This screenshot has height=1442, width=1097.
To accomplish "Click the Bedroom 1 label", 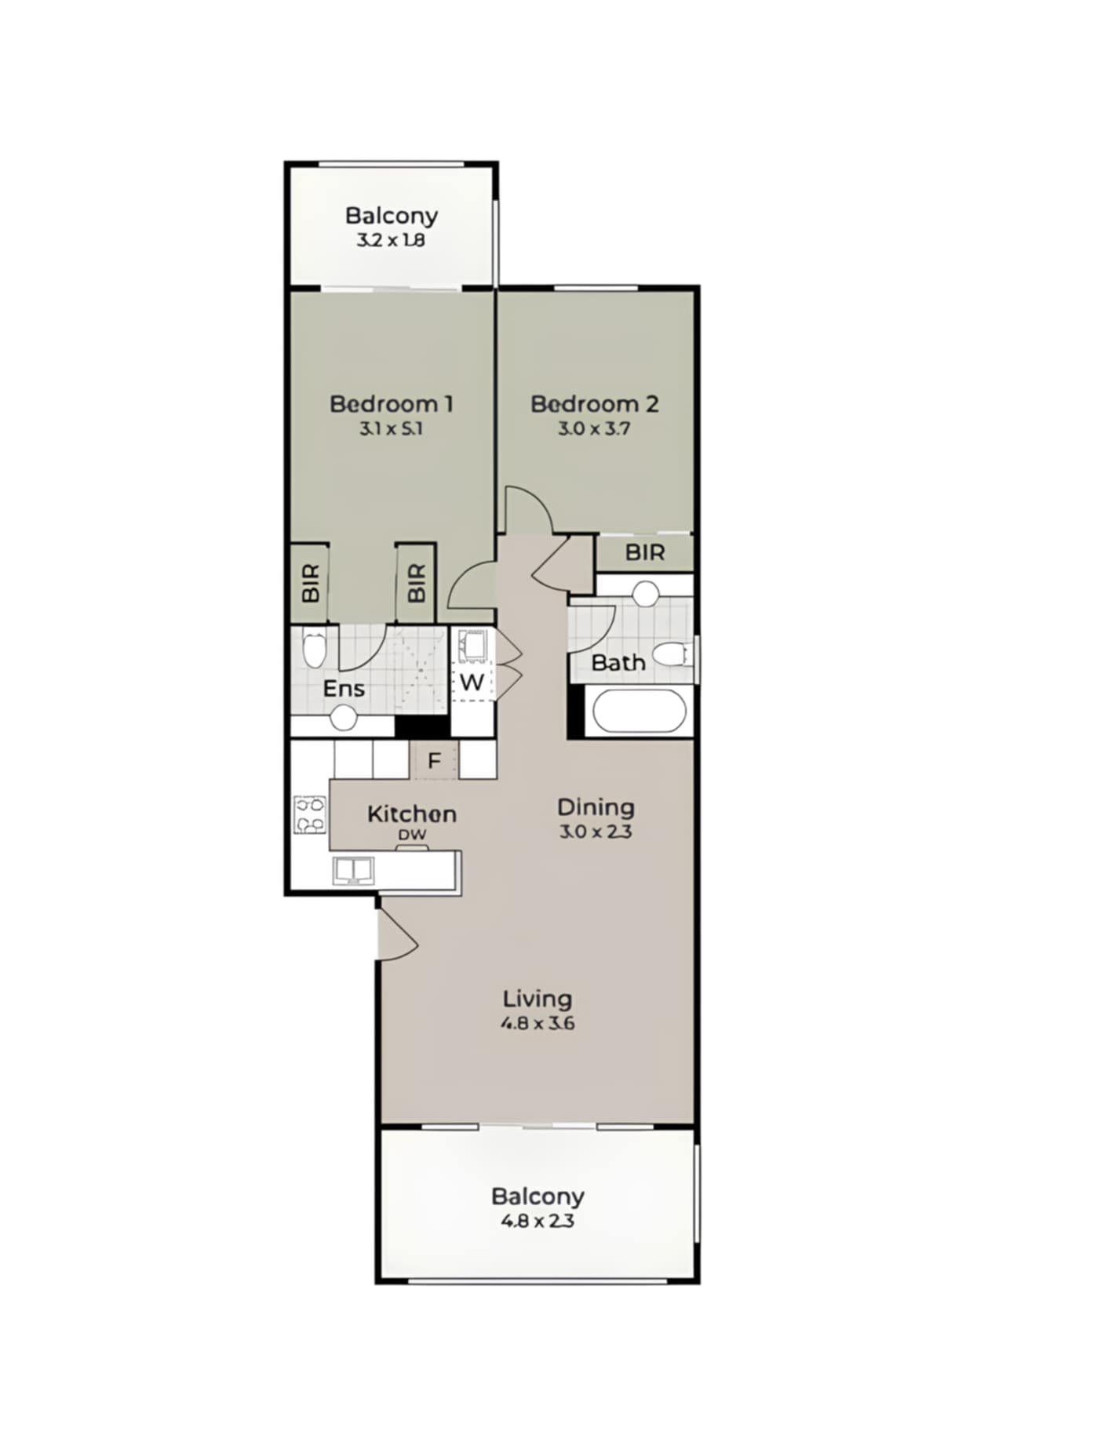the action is pyautogui.click(x=391, y=404).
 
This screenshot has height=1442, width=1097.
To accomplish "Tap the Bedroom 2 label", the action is pyautogui.click(x=594, y=404).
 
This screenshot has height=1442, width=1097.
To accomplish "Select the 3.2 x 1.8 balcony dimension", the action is pyautogui.click(x=391, y=240).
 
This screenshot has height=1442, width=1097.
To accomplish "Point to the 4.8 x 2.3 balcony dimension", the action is pyautogui.click(x=538, y=1221).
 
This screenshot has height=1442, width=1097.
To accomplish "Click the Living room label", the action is pyautogui.click(x=538, y=999).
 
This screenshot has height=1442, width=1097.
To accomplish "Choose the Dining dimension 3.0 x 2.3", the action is pyautogui.click(x=596, y=832).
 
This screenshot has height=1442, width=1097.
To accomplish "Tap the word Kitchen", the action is pyautogui.click(x=412, y=814).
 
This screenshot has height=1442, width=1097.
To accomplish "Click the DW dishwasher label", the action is pyautogui.click(x=412, y=835).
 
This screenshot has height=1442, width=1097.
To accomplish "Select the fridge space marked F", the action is pyautogui.click(x=434, y=760).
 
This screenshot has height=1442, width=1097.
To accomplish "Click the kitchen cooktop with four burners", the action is pyautogui.click(x=310, y=814).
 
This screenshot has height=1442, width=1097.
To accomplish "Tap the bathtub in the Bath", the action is pyautogui.click(x=640, y=711).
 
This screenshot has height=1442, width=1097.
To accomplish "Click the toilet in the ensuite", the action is pyautogui.click(x=314, y=649).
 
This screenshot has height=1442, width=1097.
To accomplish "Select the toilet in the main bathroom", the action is pyautogui.click(x=672, y=654).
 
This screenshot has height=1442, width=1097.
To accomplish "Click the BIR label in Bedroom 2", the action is pyautogui.click(x=645, y=552).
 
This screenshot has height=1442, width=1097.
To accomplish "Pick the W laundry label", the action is pyautogui.click(x=472, y=682).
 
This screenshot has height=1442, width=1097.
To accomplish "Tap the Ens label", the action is pyautogui.click(x=344, y=689).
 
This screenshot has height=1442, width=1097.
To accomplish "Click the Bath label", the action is pyautogui.click(x=618, y=663).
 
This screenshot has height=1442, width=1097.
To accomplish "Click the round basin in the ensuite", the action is pyautogui.click(x=344, y=718).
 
